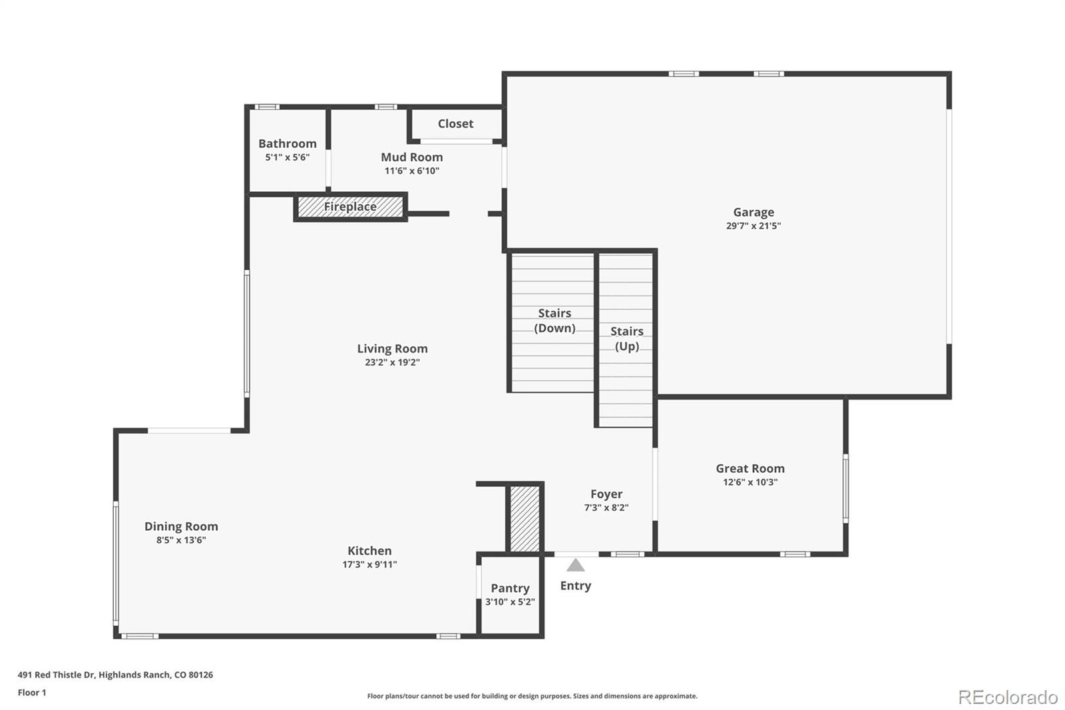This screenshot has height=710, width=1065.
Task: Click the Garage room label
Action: [753, 212]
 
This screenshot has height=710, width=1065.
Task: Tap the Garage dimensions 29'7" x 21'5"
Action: [753, 226]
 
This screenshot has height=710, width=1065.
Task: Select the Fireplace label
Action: [350, 207]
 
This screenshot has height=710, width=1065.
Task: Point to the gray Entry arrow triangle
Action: [575, 565]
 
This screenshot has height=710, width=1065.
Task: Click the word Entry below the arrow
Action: [575, 586]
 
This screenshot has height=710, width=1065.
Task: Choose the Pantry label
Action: [510, 589]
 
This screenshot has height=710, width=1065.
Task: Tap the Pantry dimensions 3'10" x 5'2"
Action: [510, 602]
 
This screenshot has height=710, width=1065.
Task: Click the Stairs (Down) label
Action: [554, 321]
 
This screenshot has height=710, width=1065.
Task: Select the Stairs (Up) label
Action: [626, 339]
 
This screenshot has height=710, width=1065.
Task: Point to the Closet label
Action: [455, 124]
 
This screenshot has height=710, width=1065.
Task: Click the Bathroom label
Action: [287, 144]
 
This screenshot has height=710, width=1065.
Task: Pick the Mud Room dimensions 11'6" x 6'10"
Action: [412, 171]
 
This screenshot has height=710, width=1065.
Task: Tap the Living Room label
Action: [392, 349]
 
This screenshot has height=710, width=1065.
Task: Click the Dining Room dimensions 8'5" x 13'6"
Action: [181, 540]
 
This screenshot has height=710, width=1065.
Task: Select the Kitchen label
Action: [369, 551]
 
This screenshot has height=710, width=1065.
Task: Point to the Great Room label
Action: [750, 469]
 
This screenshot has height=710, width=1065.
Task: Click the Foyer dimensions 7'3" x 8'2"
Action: [606, 508]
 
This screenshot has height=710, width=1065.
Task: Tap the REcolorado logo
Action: [1008, 697]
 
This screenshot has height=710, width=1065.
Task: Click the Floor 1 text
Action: [32, 693]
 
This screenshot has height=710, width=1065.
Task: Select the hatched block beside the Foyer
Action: [525, 519]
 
